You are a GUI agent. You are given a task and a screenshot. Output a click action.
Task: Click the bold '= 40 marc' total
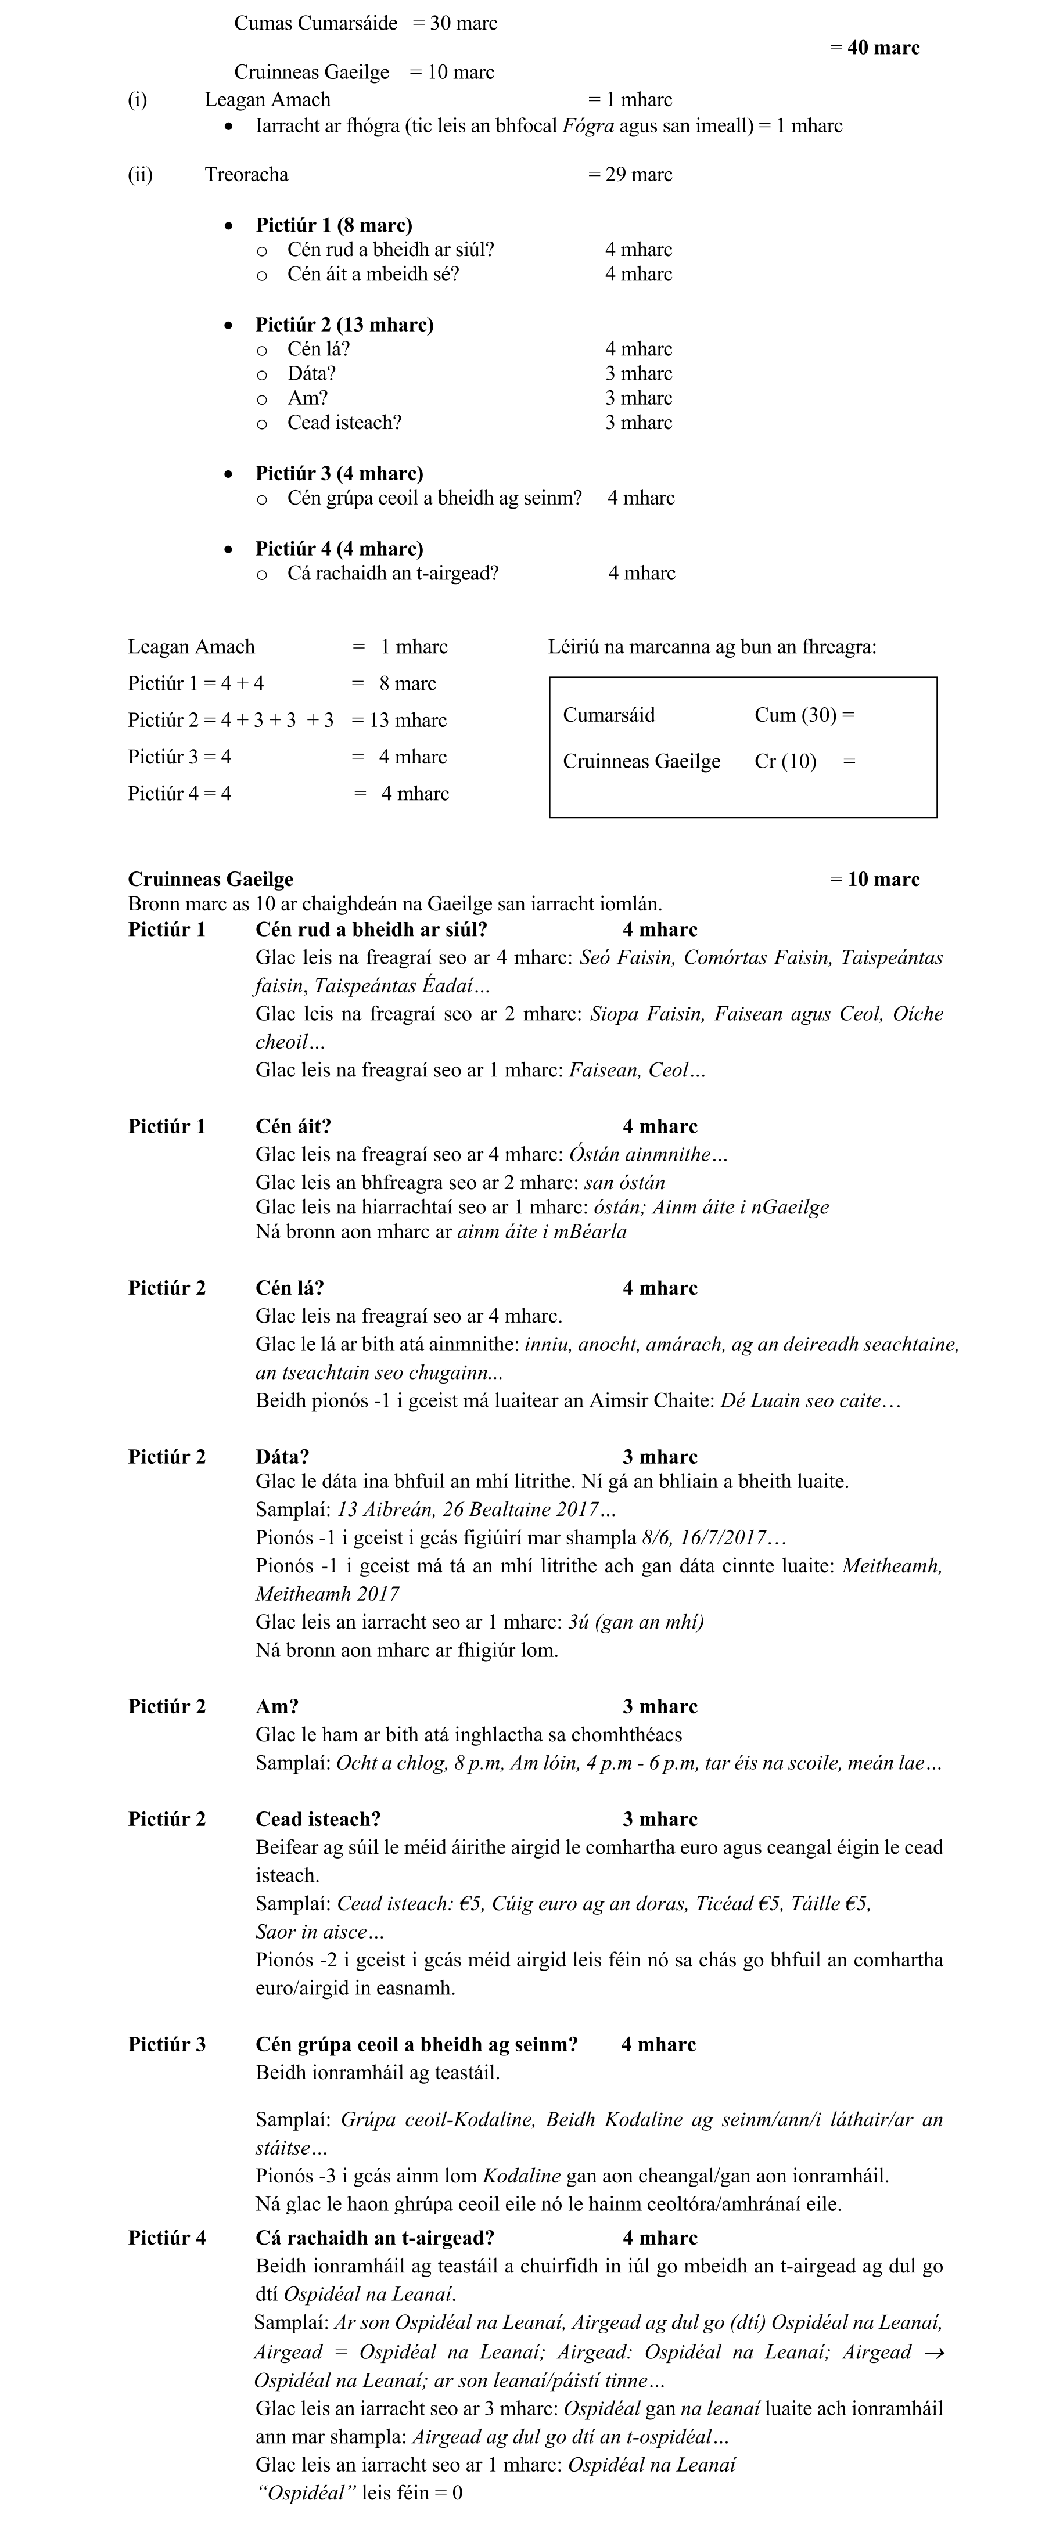click(x=874, y=47)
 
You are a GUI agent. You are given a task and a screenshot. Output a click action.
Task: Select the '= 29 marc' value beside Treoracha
click(x=630, y=175)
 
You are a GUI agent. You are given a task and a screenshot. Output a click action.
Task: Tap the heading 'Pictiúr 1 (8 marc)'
click(x=333, y=225)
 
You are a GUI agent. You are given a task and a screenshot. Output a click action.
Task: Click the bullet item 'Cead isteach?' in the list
click(x=344, y=423)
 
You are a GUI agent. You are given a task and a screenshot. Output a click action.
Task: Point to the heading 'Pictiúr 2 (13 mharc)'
click(x=344, y=325)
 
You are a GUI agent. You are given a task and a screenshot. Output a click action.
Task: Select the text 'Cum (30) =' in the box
click(x=804, y=715)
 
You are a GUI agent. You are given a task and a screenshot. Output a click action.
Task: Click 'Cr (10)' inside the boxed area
click(x=785, y=762)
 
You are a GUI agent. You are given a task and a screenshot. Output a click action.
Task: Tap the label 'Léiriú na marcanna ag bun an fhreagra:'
click(x=712, y=647)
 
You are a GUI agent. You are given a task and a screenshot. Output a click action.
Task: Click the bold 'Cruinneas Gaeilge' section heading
click(x=210, y=878)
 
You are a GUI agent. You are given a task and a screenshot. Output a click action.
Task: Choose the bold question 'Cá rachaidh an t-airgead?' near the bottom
click(x=375, y=2237)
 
